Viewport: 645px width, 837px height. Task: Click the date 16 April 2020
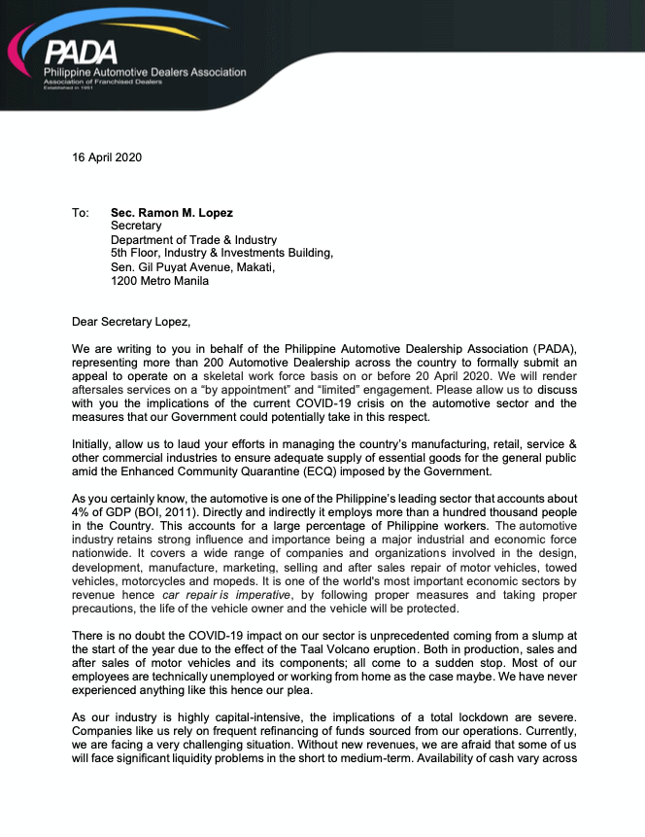tap(107, 157)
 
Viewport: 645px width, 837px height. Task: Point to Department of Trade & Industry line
tap(193, 240)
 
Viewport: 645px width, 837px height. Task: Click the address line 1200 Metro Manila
tap(159, 281)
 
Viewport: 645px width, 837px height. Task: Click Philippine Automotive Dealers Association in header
tap(145, 72)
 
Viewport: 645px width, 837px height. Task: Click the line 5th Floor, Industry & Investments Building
tap(221, 254)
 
